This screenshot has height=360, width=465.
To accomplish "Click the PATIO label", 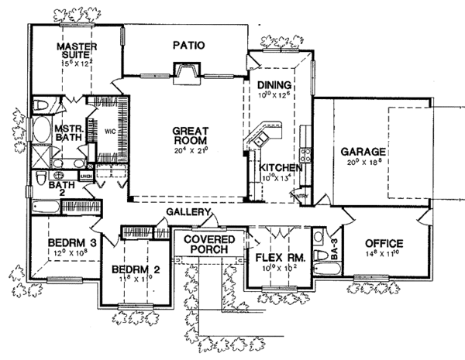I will pos(188,46).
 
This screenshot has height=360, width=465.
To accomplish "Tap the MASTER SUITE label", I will pos(76,51).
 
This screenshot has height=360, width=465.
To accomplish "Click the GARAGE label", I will pos(362,153).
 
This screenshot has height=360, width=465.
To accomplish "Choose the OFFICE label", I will pos(384,243).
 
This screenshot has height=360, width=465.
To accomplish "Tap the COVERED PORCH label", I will pos(210,245).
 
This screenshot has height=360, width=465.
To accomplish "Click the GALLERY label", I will pos(189,211).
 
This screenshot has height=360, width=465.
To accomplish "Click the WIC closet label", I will pos(109,131).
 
